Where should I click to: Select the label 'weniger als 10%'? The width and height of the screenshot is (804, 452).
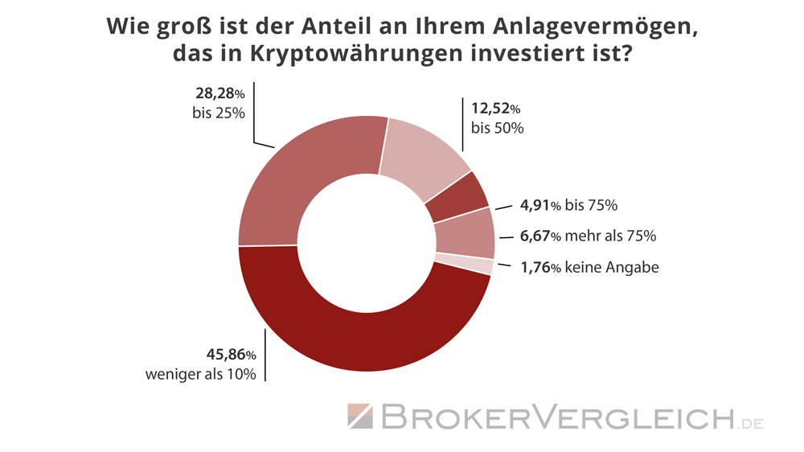(x=200, y=374)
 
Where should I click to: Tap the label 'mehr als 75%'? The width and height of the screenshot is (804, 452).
(x=612, y=236)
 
